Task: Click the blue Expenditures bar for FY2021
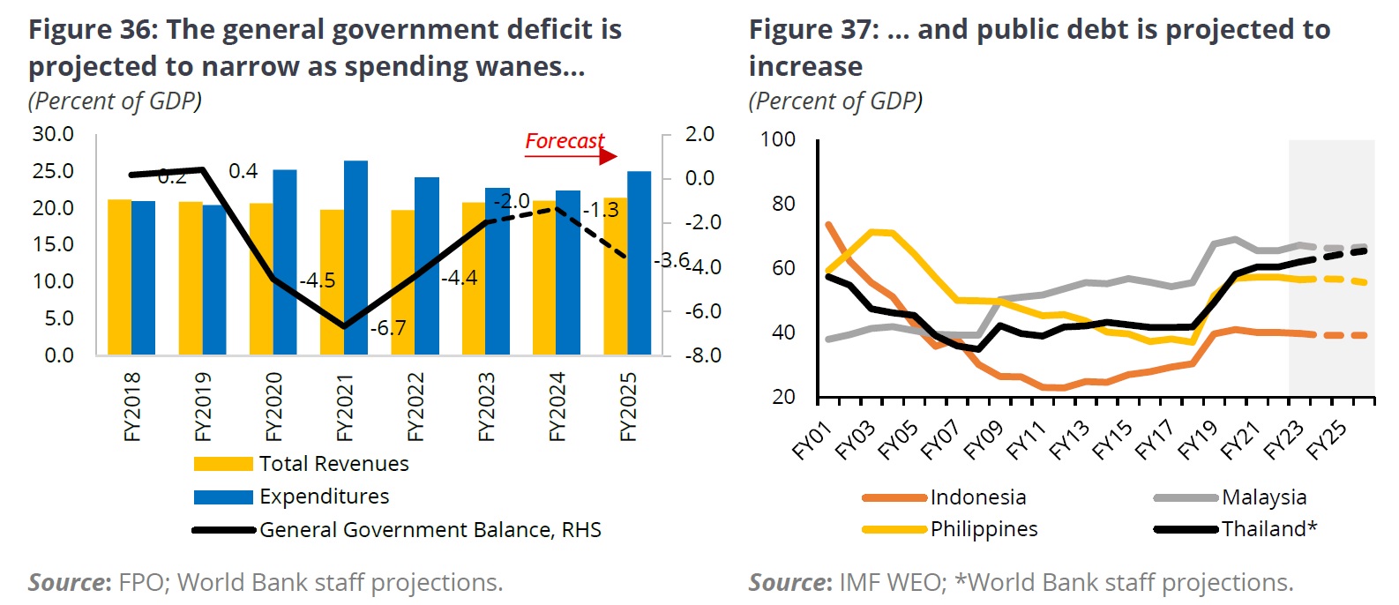point(355,258)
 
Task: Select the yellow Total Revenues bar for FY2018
point(119,277)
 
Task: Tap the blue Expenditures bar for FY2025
point(639,263)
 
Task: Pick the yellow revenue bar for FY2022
point(402,282)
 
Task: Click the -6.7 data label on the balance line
point(388,328)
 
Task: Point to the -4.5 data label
point(318,280)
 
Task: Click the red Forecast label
point(565,141)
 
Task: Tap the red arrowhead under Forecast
point(608,157)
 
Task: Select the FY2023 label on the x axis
point(486,407)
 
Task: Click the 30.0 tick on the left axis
point(53,134)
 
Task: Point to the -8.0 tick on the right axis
point(703,355)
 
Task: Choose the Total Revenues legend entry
point(333,464)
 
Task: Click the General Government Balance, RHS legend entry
point(430,530)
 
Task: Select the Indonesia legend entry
point(977,497)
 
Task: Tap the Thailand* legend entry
point(1268,529)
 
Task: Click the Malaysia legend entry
point(1263,497)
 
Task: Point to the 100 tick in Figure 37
point(777,139)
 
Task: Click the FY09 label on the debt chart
point(983,439)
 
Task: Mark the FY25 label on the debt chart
point(1326,439)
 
